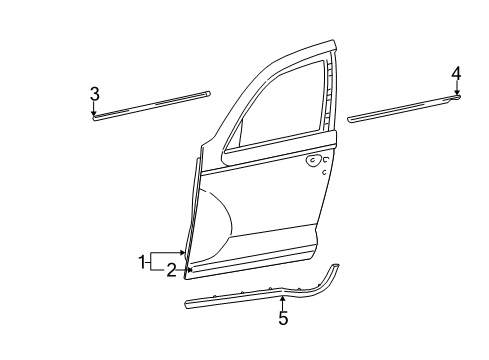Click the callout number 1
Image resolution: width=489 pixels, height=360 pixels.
[141, 262]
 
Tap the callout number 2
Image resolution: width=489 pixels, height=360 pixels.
[172, 270]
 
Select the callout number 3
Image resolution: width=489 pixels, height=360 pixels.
[94, 93]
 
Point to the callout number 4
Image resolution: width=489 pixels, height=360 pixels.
[456, 72]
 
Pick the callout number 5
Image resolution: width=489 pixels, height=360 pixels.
[283, 318]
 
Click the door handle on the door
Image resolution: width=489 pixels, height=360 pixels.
[316, 160]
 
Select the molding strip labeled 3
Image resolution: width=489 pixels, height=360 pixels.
[150, 103]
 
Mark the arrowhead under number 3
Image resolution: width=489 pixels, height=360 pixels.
[94, 113]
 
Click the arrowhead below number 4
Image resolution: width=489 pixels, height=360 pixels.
[456, 94]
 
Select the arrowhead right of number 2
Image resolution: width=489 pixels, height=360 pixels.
[187, 270]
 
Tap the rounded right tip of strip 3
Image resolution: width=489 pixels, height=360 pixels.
[208, 93]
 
